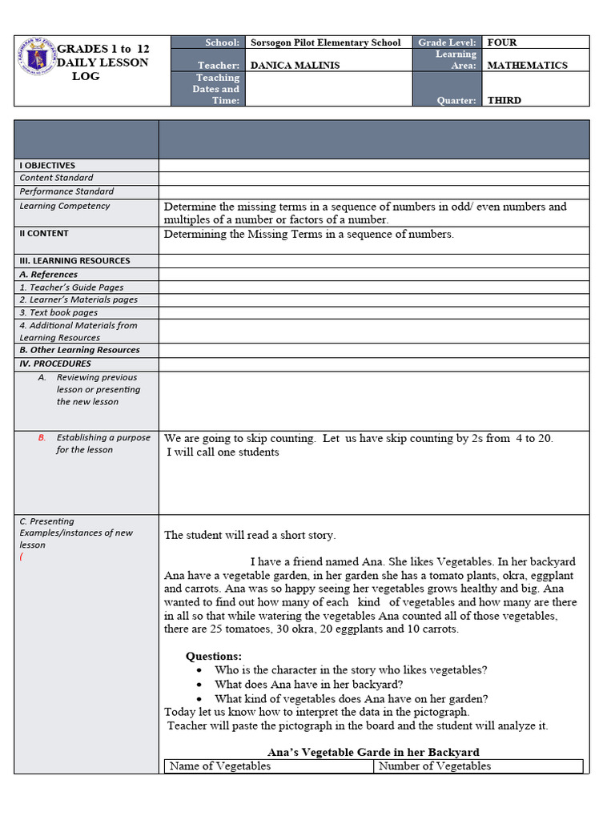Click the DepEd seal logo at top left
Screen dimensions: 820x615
pyautogui.click(x=38, y=60)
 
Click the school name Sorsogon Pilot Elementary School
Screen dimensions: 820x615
pyautogui.click(x=326, y=42)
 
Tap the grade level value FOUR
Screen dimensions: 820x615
pyautogui.click(x=502, y=42)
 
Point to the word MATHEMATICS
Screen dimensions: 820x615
pyautogui.click(x=528, y=66)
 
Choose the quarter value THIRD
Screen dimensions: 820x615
pyautogui.click(x=504, y=101)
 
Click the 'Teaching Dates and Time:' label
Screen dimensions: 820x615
pyautogui.click(x=215, y=89)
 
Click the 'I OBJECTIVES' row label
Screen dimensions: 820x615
pyautogui.click(x=47, y=166)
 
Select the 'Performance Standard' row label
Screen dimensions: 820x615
pyautogui.click(x=66, y=192)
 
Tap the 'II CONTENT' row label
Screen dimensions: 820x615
pyautogui.click(x=44, y=234)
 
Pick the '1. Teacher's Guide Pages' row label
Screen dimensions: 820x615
pyautogui.click(x=71, y=287)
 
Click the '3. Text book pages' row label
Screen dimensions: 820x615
pyautogui.click(x=58, y=313)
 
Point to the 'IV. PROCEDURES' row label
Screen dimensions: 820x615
pyautogui.click(x=55, y=364)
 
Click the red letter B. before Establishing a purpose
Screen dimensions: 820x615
pyautogui.click(x=42, y=438)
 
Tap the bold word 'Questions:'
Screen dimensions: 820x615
pyautogui.click(x=214, y=657)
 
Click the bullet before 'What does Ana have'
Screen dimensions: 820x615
pyautogui.click(x=199, y=685)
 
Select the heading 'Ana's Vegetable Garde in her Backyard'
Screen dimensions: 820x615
pyautogui.click(x=373, y=752)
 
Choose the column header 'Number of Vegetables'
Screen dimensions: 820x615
pyautogui.click(x=435, y=766)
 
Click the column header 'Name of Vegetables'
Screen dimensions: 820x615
pyautogui.click(x=220, y=766)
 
